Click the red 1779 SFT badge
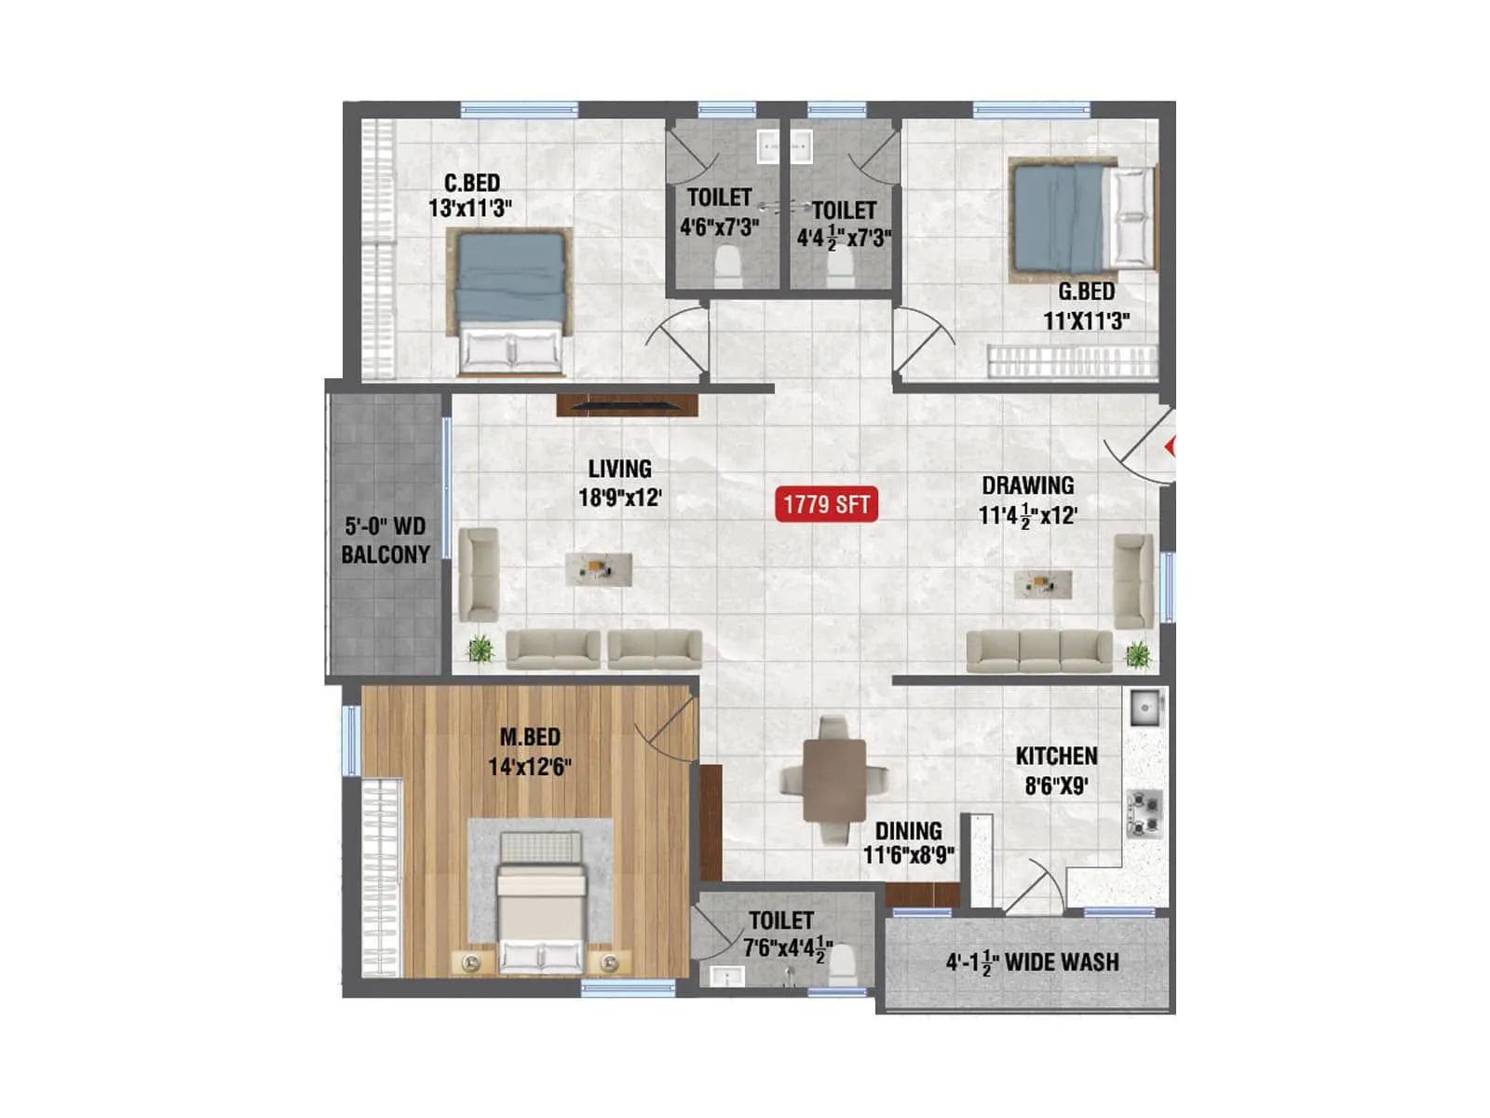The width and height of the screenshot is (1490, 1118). coord(826,505)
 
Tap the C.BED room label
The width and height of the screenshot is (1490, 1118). coord(472,183)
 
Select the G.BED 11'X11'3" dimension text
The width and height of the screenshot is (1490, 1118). coord(1086,321)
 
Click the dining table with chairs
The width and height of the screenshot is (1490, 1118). coord(834,781)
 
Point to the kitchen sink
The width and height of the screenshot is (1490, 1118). coord(1145,709)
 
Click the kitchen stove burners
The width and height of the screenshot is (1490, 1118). coord(1145,811)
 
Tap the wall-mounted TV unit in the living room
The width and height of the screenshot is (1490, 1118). coord(627,405)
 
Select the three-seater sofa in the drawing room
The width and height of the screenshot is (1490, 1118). coord(1039,650)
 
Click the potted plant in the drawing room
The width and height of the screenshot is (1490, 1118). coord(1138,654)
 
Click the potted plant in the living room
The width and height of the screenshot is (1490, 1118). coord(480,648)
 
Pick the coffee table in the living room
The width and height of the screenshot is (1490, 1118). coord(599,568)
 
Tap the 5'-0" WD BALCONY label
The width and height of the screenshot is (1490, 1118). coord(386,540)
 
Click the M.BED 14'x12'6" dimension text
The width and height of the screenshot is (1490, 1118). coord(529,767)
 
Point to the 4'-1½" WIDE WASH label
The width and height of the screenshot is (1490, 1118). coord(1032,962)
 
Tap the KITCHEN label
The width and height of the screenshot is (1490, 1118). coord(1056,756)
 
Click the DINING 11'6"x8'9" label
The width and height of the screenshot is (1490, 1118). coord(908,842)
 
